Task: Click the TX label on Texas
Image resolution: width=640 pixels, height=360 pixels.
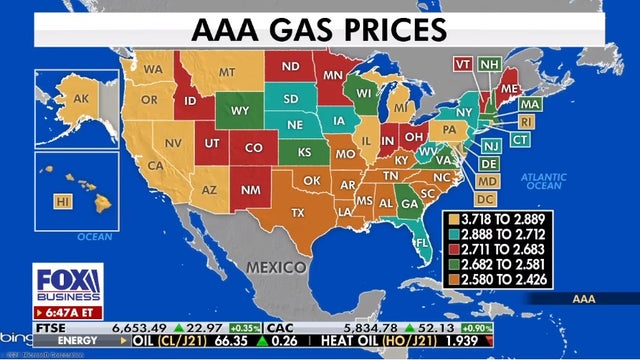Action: [297, 213]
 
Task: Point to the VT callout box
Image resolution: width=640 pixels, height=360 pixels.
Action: [463, 63]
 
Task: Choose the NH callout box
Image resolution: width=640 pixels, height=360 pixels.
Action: [489, 63]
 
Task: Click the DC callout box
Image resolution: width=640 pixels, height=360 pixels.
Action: [487, 199]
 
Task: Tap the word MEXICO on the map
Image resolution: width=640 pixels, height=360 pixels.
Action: [275, 267]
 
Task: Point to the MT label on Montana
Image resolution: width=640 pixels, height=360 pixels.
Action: [227, 72]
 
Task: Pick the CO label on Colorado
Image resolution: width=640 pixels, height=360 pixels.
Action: [253, 147]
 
